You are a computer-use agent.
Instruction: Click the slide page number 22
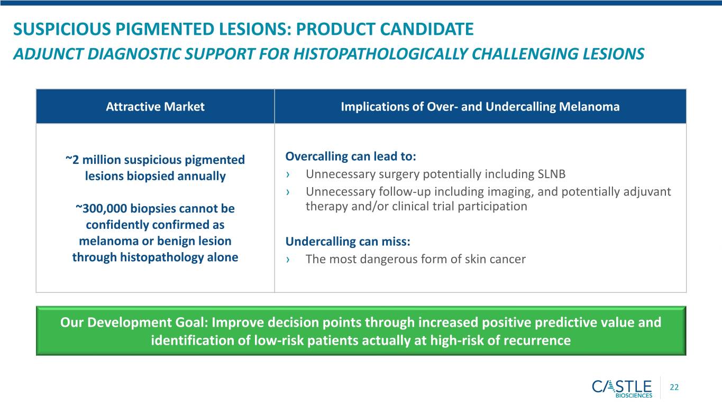point(674,387)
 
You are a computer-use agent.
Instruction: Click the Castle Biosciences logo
point(622,389)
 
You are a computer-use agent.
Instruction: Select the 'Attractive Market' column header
point(155,107)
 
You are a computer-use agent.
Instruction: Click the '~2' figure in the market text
point(72,160)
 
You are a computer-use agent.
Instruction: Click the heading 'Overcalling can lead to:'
point(351,156)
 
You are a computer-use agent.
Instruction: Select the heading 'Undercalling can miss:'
point(348,242)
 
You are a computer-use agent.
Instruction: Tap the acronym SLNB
point(552,174)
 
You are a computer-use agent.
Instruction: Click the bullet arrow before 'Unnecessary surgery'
point(288,175)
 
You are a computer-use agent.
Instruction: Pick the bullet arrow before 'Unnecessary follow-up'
point(288,192)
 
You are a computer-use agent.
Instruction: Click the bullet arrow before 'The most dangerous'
point(288,260)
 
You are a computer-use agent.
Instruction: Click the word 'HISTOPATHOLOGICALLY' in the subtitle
point(380,54)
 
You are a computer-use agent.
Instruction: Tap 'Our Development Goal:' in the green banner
point(134,322)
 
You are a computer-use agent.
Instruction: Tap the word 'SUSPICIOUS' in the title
point(62,29)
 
